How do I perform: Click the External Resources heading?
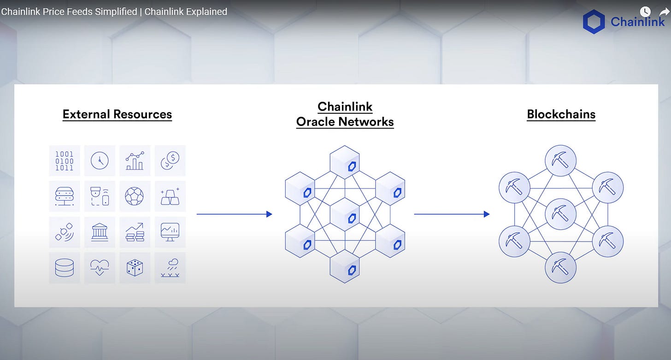(x=117, y=114)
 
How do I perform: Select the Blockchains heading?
(x=561, y=114)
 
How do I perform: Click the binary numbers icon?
(x=65, y=161)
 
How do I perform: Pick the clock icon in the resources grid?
(x=100, y=161)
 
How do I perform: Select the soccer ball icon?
(x=135, y=196)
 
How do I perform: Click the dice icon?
(x=135, y=268)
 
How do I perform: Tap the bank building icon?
(x=100, y=232)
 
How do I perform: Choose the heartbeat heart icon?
(x=100, y=268)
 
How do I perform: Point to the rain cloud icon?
(x=170, y=268)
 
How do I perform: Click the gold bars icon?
(x=170, y=196)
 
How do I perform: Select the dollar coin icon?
(x=170, y=161)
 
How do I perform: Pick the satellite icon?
(x=65, y=232)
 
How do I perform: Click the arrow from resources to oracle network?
(x=234, y=214)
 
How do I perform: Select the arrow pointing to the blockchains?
(x=452, y=214)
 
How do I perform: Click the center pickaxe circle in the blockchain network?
(x=561, y=214)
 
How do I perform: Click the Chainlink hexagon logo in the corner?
(x=594, y=22)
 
